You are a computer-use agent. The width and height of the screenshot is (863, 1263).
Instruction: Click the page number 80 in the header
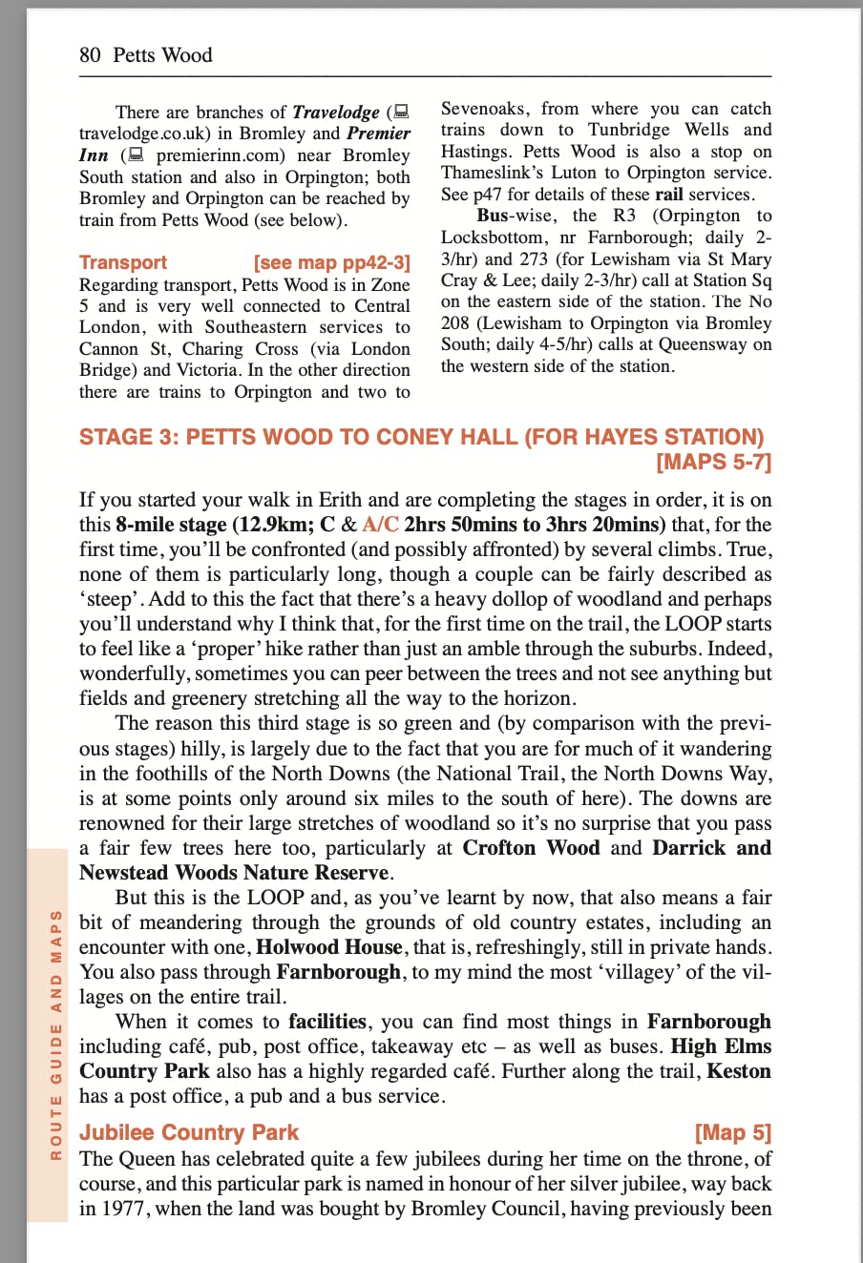tap(90, 55)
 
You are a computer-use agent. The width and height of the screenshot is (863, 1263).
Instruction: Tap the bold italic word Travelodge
tap(336, 113)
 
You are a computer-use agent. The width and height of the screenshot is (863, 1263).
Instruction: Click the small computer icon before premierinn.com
tap(137, 155)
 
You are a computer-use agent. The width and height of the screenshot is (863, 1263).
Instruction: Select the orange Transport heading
tap(123, 262)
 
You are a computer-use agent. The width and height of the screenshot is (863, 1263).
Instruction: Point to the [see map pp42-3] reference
tap(332, 262)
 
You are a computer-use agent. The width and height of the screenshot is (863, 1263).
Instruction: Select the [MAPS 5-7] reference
tap(713, 463)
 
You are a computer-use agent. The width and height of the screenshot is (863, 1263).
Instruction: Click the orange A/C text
tap(381, 525)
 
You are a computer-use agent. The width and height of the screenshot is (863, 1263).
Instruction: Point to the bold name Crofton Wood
tap(532, 848)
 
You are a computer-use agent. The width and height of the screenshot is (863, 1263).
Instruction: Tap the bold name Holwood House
tap(329, 947)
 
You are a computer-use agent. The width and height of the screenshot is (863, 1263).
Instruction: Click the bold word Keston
tap(739, 1071)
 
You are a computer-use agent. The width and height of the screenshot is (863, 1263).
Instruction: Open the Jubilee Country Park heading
tap(189, 1132)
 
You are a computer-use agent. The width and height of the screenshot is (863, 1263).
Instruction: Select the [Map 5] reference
tap(733, 1132)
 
